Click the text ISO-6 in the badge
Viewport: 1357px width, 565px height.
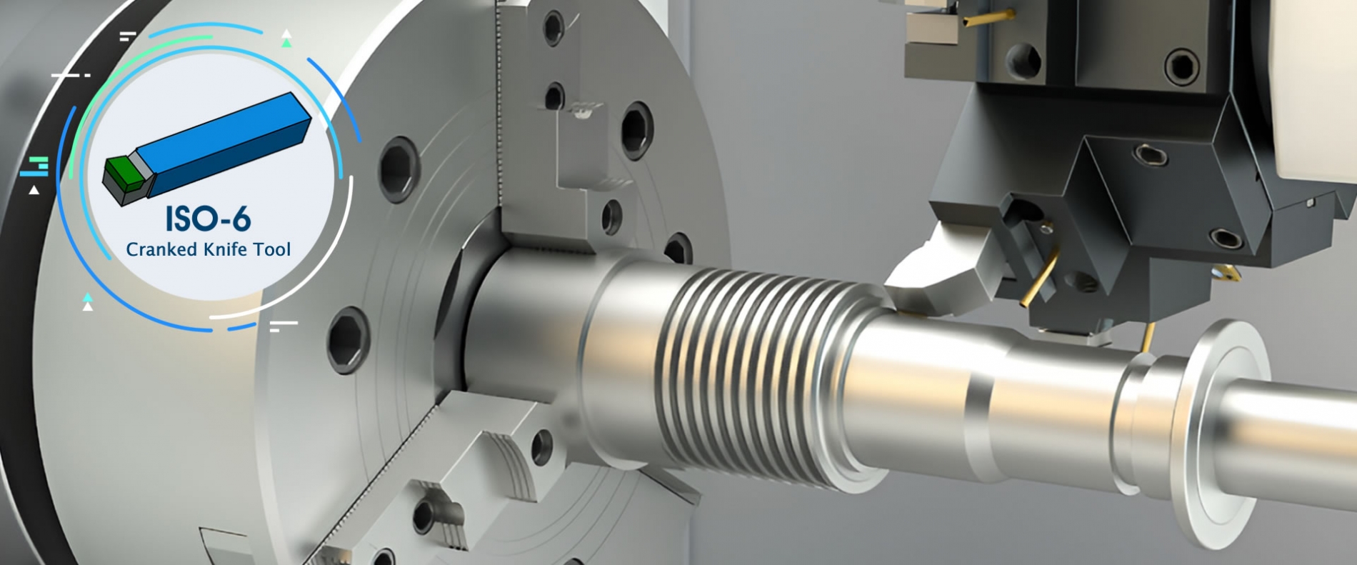(x=208, y=219)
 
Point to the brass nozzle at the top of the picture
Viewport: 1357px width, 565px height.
(x=989, y=18)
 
